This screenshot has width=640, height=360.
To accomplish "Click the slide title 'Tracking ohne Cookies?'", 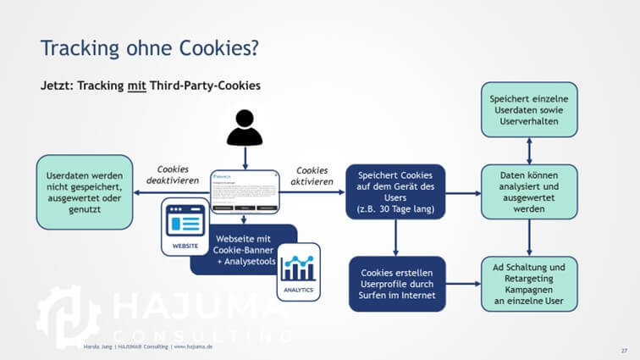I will tap(149, 48).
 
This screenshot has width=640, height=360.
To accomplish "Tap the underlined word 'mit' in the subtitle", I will tap(136, 86).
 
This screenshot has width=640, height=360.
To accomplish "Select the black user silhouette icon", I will tap(244, 127).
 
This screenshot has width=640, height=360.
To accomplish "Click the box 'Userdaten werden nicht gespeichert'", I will tap(84, 191).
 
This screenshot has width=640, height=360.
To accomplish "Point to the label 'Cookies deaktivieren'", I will tap(173, 175).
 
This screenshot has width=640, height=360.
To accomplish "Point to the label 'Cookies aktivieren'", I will tap(312, 175).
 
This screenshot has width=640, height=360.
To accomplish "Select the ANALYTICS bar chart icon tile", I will tap(298, 271).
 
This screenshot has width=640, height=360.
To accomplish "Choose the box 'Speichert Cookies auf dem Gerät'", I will tap(396, 192).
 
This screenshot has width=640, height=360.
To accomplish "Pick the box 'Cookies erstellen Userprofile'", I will tap(396, 284).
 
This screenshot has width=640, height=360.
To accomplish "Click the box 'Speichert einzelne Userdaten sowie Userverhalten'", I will tap(529, 110).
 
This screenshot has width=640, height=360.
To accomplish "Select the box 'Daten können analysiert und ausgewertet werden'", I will tap(529, 192).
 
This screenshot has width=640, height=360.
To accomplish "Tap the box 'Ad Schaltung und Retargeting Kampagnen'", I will tap(529, 284).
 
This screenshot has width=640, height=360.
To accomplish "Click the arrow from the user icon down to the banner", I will tap(244, 158).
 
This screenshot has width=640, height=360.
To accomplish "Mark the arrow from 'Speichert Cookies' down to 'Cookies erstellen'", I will tap(396, 238).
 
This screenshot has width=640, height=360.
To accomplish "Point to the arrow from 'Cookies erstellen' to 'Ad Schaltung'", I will tap(462, 284).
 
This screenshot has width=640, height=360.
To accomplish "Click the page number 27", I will tap(624, 349).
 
